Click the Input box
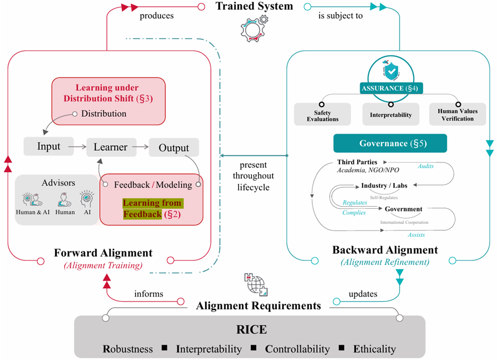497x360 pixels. click(x=48, y=146)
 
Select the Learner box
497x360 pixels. click(x=110, y=146)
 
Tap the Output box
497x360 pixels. click(x=173, y=147)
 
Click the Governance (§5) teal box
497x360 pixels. click(x=390, y=144)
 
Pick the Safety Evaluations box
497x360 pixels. click(x=322, y=115)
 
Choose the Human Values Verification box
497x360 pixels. click(x=458, y=115)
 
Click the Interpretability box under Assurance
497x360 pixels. click(x=390, y=115)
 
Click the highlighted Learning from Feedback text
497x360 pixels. click(x=152, y=209)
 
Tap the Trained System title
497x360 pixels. click(x=254, y=7)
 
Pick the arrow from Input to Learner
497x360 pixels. click(x=79, y=146)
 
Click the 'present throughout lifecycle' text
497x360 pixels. click(x=253, y=176)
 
